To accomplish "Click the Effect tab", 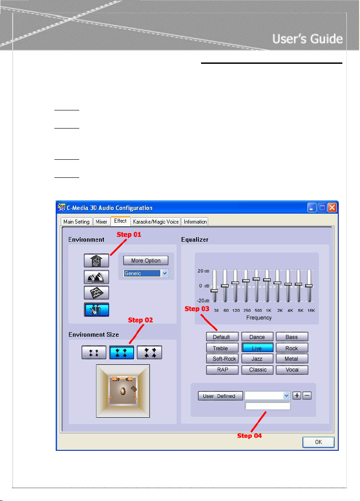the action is tap(120, 221).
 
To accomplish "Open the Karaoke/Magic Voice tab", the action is tap(156, 222).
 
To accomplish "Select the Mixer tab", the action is tap(101, 222).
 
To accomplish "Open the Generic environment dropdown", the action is tap(165, 273).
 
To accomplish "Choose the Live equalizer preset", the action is tap(257, 348).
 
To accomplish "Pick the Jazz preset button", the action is tap(257, 359).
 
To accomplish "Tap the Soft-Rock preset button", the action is tap(221, 359).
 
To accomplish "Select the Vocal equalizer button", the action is tap(292, 370).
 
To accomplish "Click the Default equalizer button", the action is tap(221, 337).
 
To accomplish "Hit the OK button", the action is tap(319, 442).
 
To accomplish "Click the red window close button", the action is tap(332, 208).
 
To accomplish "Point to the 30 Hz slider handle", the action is tap(214, 290).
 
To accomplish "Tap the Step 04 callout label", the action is tap(250, 436).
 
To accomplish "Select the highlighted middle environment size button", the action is tap(122, 352).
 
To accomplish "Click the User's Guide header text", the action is tap(307, 39).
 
